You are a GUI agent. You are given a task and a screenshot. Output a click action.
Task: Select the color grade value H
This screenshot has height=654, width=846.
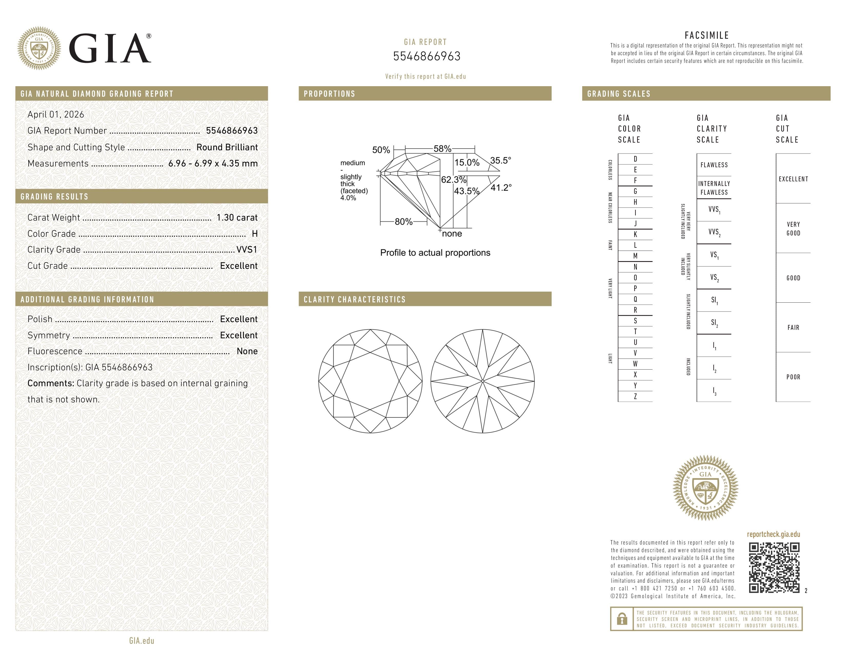[x=255, y=234]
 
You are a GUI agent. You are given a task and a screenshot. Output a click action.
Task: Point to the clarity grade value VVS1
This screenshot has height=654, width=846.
[x=247, y=250]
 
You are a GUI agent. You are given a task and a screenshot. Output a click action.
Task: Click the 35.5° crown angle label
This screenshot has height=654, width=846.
[x=500, y=160]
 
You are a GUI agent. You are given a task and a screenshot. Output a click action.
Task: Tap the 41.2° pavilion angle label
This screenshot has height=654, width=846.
[x=501, y=188]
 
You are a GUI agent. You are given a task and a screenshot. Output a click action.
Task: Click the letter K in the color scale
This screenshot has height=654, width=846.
[x=635, y=234]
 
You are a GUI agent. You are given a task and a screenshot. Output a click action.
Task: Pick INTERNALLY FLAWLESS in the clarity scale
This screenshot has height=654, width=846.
[x=714, y=188]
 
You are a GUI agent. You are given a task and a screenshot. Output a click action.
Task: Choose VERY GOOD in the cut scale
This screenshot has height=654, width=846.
[x=793, y=229]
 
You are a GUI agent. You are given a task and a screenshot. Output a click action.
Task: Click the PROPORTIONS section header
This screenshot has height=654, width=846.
[x=329, y=94]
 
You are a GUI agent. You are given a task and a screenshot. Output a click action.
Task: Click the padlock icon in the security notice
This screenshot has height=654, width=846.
[x=622, y=619]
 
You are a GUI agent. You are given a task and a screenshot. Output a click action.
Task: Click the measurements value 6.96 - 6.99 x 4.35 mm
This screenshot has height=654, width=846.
[x=213, y=164]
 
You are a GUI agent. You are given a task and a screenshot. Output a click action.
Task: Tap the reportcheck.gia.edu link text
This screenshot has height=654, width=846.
[x=773, y=534]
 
